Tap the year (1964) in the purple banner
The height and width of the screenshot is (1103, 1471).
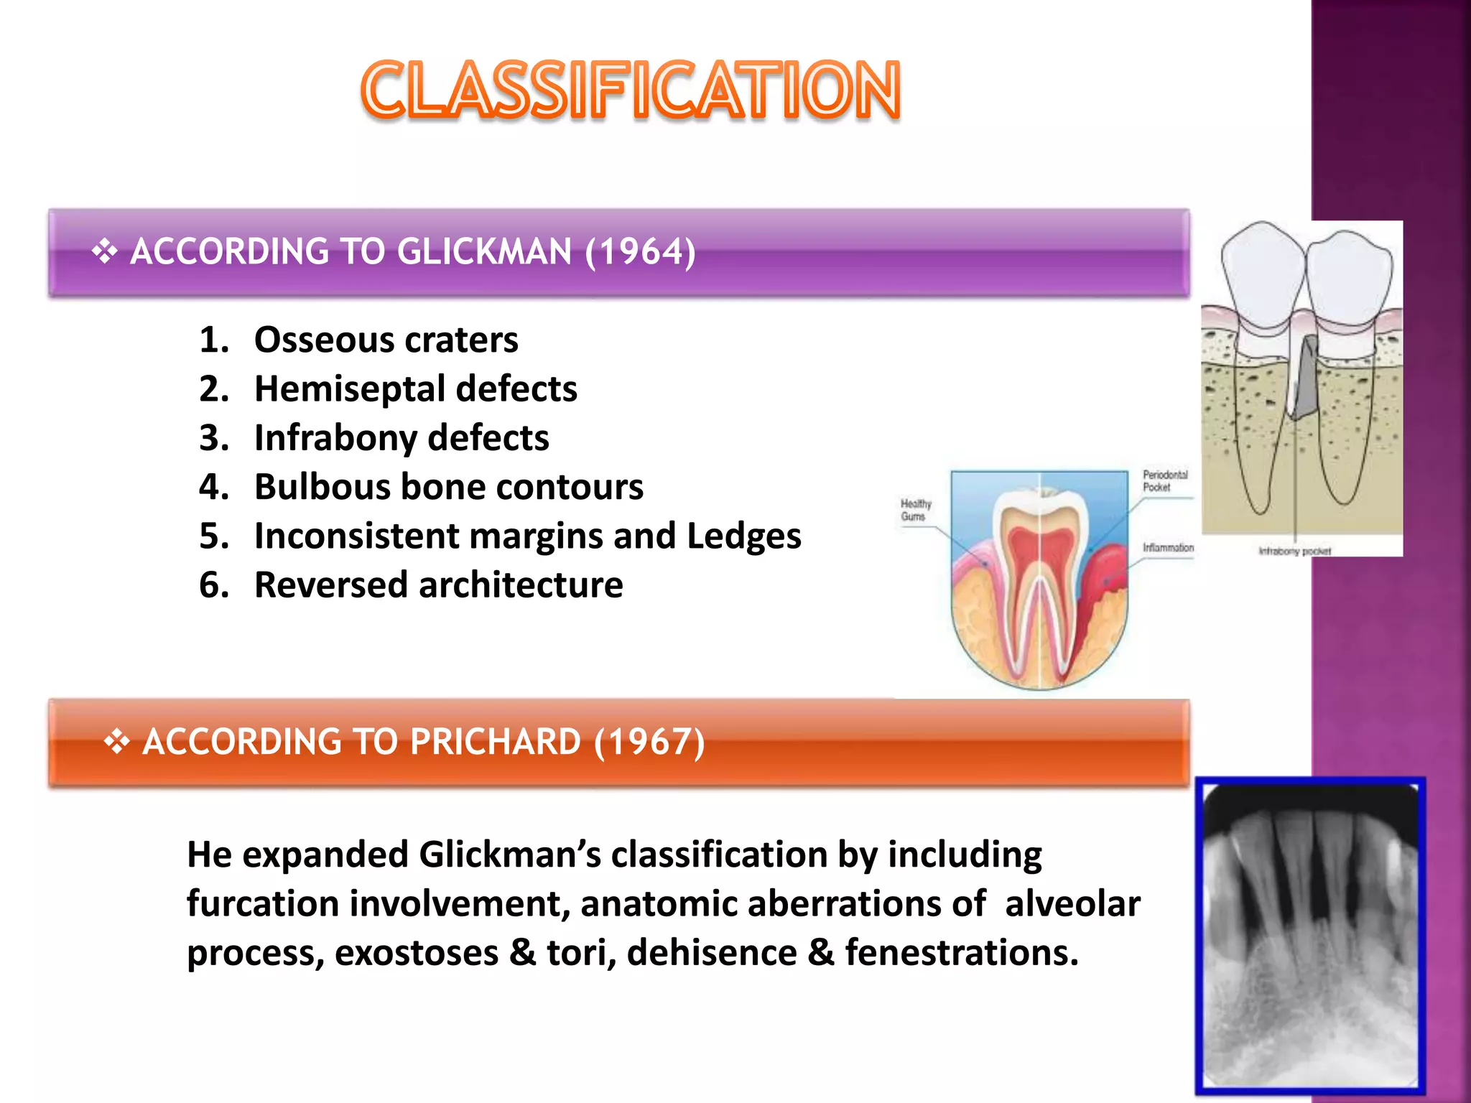click(640, 252)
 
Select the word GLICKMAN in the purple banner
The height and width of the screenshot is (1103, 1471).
click(484, 252)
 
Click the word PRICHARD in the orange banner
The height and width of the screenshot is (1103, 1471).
click(495, 742)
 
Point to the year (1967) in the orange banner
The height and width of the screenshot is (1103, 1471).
click(649, 742)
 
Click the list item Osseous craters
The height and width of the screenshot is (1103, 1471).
click(386, 340)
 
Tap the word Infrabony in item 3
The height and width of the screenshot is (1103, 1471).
click(335, 438)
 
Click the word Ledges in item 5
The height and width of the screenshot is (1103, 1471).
click(743, 536)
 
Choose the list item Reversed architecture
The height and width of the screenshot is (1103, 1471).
click(438, 585)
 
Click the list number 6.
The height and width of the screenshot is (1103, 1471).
click(213, 585)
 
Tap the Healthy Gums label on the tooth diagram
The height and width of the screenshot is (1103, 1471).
click(916, 510)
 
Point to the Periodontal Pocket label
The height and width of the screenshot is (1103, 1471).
click(1165, 480)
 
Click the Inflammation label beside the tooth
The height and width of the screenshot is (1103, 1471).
click(1168, 548)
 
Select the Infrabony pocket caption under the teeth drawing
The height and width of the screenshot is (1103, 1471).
click(1294, 551)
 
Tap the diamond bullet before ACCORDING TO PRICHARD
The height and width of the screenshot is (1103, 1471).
click(116, 742)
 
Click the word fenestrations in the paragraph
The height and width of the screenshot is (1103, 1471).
click(961, 953)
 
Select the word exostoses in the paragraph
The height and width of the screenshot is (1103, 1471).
click(416, 953)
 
